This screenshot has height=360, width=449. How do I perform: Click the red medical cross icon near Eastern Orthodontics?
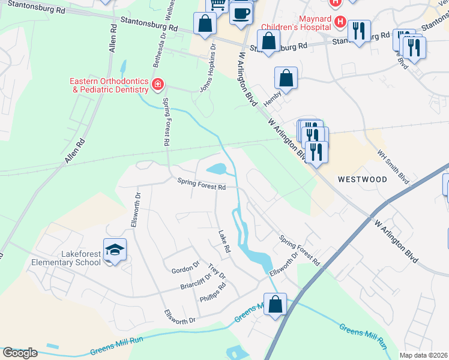157,85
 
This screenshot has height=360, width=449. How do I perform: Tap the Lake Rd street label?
224,240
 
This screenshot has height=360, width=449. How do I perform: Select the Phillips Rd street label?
213,290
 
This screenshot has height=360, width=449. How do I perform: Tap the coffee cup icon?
241,13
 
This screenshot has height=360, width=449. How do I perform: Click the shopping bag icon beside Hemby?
286,78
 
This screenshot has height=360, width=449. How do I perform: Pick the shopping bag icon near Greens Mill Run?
275,304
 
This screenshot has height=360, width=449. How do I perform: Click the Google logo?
19,353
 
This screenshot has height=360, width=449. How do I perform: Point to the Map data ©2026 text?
423,355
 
